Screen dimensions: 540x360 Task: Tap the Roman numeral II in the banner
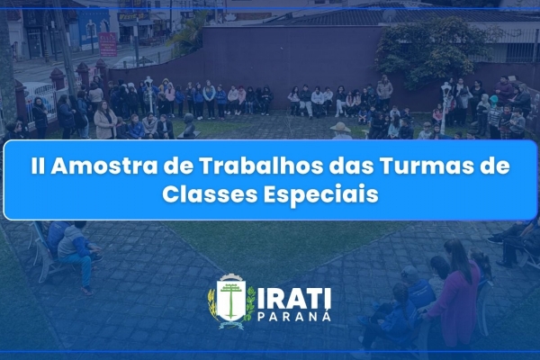tap(37, 166)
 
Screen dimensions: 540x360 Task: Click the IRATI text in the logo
tap(294, 300)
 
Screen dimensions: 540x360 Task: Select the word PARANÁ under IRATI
tap(294, 317)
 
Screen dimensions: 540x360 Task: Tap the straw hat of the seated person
tap(340, 128)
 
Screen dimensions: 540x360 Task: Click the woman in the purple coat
tap(454, 292)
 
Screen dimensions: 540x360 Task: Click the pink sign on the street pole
tap(107, 44)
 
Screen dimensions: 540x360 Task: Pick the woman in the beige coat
tap(105, 121)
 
